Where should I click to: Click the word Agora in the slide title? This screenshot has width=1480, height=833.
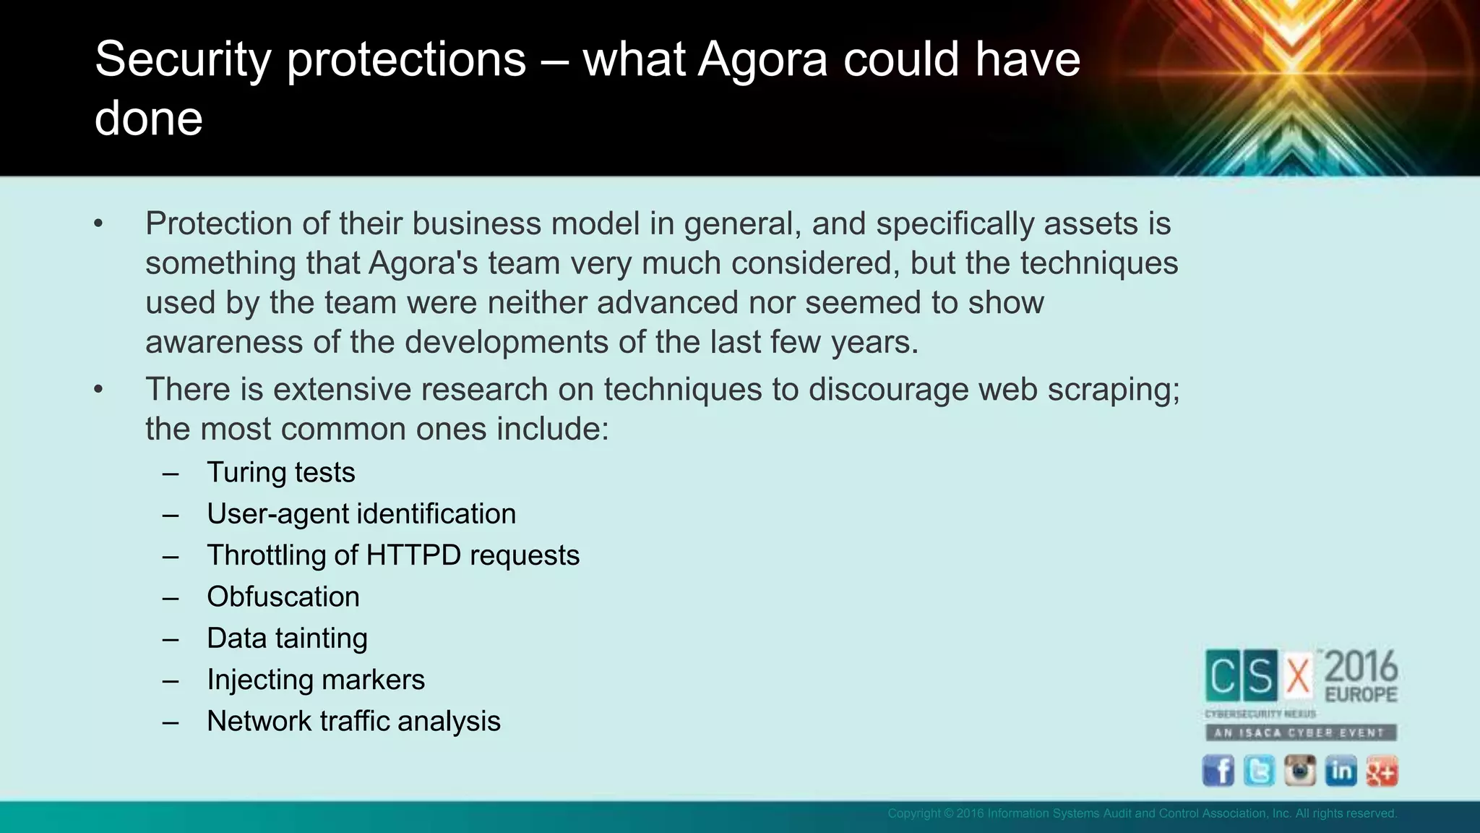tap(762, 59)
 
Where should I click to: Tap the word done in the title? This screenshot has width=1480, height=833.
tap(149, 119)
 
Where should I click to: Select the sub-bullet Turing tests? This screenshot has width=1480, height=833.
tap(280, 473)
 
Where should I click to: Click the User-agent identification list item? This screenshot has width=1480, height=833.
tap(361, 514)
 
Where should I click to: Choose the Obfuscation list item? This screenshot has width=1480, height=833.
tap(283, 597)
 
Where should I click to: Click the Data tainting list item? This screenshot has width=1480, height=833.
tap(287, 638)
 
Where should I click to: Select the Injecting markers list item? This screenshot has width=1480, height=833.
tap(316, 680)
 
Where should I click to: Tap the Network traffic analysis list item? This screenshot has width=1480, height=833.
tap(353, 722)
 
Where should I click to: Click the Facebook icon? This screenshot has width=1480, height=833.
tap(1218, 771)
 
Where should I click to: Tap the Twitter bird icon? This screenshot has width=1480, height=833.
tap(1259, 771)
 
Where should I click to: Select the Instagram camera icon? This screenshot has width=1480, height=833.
tap(1299, 771)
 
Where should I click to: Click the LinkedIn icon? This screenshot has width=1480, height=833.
tap(1341, 771)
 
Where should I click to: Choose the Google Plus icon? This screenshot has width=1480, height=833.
tap(1382, 771)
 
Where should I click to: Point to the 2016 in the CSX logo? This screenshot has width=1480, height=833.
tap(1361, 666)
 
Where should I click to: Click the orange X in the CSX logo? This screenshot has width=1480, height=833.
tap(1298, 677)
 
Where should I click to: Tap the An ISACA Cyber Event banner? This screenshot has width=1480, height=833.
tap(1300, 732)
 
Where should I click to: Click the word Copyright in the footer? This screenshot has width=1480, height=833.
tap(913, 813)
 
